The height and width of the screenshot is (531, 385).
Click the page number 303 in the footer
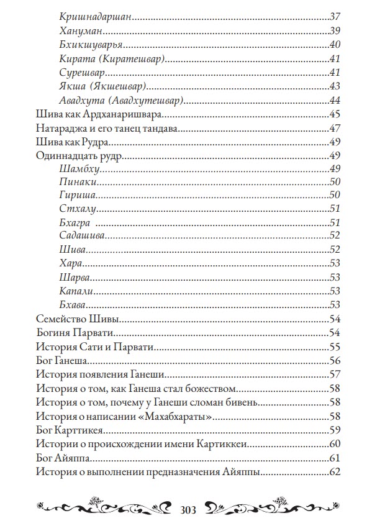tap(188, 511)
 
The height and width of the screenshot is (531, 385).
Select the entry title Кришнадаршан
tap(96, 17)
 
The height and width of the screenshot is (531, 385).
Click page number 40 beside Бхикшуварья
tap(335, 44)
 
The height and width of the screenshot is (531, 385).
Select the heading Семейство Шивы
tap(77, 319)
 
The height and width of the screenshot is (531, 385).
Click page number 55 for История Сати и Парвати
tap(335, 347)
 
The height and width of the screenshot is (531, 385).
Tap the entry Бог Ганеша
tap(61, 360)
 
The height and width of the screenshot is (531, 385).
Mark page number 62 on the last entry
tap(335, 473)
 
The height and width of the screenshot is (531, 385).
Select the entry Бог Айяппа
tap(63, 458)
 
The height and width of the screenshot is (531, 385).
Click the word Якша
tap(73, 86)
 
